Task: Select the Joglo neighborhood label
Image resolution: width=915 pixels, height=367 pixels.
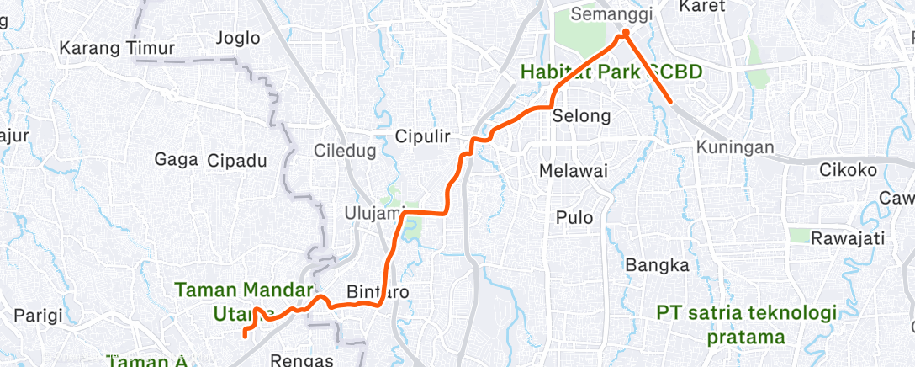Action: coord(238,38)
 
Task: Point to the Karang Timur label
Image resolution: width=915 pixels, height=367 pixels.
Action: coord(116,48)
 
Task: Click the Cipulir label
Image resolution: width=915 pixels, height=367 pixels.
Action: coord(424,136)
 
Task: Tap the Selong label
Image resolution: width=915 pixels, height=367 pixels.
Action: coord(581,115)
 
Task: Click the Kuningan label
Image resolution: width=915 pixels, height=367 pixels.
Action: coord(735,148)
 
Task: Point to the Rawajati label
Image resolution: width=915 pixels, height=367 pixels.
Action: coord(849,238)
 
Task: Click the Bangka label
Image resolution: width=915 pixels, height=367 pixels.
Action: coord(658,266)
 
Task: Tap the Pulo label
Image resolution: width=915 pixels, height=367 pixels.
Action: coord(574,218)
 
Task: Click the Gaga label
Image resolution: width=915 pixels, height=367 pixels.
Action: coord(176,160)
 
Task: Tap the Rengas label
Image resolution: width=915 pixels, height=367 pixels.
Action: coord(302,360)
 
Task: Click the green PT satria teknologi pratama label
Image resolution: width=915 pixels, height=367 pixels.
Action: coord(747,325)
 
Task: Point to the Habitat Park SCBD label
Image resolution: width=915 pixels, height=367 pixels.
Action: coord(611,72)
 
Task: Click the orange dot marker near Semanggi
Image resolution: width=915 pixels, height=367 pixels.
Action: coord(625,35)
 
